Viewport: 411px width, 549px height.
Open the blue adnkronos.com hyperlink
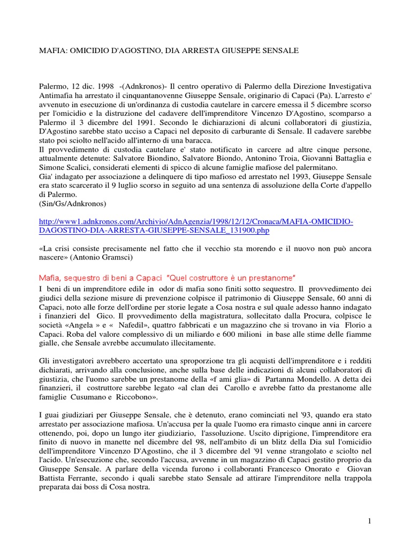point(196,226)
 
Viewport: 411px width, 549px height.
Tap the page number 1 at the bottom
point(369,521)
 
